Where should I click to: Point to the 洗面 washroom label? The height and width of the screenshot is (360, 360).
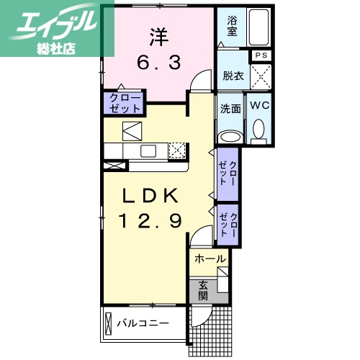(230, 109)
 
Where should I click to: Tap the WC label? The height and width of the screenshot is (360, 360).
(259, 106)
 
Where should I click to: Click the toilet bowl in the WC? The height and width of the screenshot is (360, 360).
(259, 130)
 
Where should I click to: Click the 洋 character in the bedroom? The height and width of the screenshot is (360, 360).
(158, 35)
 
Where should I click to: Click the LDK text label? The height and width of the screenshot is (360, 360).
(152, 197)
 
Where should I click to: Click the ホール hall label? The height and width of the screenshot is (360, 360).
(210, 258)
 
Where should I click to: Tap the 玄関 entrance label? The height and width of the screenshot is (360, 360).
(203, 289)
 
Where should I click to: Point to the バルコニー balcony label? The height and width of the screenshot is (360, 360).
(143, 323)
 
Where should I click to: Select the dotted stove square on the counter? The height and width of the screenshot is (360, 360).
(177, 150)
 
